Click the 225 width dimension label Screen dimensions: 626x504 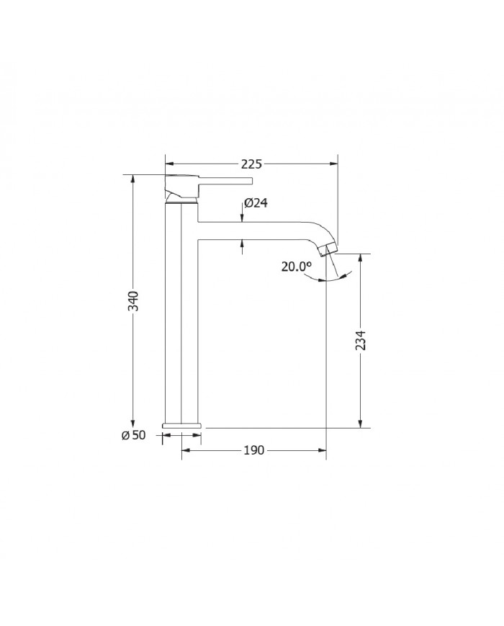[251, 164]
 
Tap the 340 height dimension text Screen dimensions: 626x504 [133, 301]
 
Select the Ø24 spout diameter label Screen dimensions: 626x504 [256, 203]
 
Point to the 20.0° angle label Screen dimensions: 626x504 [297, 266]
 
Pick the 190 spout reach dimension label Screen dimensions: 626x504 [254, 450]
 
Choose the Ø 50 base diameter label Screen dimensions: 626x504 [135, 435]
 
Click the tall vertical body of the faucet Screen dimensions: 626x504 [181, 317]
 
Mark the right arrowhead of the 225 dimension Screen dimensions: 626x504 [334, 164]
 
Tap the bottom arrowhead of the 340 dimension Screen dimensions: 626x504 [133, 424]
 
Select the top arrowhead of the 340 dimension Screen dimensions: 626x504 [133, 179]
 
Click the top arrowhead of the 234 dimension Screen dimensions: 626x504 [361, 259]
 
